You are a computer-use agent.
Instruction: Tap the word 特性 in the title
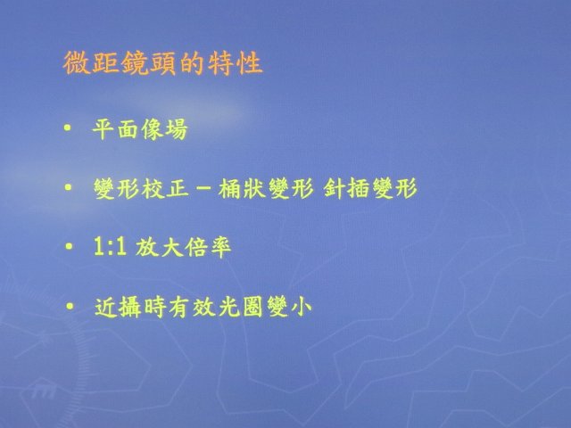pyautogui.click(x=236, y=63)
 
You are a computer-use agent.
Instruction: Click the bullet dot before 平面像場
pyautogui.click(x=67, y=128)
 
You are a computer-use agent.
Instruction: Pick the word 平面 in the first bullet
pyautogui.click(x=116, y=129)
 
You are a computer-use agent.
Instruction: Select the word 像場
pyautogui.click(x=164, y=129)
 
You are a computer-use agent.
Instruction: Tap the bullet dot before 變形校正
pyautogui.click(x=68, y=187)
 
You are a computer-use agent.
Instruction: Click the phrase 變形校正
pyautogui.click(x=141, y=188)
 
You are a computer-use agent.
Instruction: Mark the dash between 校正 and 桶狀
pyautogui.click(x=204, y=189)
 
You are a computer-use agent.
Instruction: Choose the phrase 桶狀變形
pyautogui.click(x=266, y=188)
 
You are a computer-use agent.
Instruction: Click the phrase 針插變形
pyautogui.click(x=370, y=188)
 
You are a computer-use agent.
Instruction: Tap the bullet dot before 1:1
pyautogui.click(x=69, y=246)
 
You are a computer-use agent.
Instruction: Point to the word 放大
pyautogui.click(x=159, y=248)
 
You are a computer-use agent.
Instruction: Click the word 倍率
pyautogui.click(x=208, y=248)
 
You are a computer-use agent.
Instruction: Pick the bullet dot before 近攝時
pyautogui.click(x=70, y=307)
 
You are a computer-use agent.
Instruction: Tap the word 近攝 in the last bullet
pyautogui.click(x=119, y=308)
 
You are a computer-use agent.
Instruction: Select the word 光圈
pyautogui.click(x=240, y=308)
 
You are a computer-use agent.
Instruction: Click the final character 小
pyautogui.click(x=301, y=308)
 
